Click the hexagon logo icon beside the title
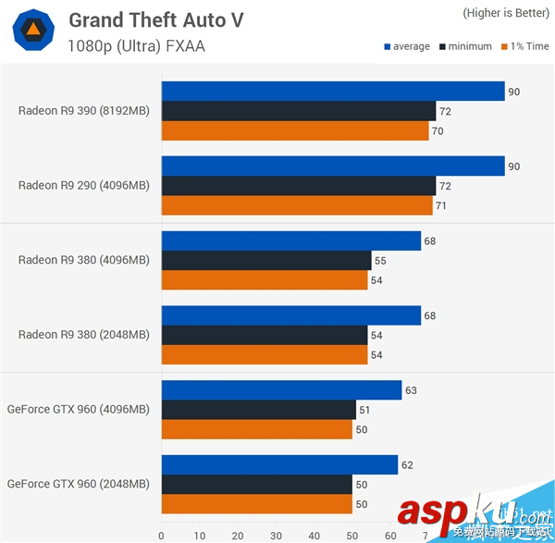point(31,32)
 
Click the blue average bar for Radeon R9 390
point(333,91)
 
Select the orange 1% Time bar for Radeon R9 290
point(297,205)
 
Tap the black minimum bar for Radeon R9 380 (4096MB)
point(266,261)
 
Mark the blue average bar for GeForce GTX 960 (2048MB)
point(279,464)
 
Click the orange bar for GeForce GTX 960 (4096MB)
point(257,429)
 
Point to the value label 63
point(412,390)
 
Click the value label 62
point(408,465)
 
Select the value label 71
point(441,205)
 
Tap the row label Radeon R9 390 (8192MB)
point(83,111)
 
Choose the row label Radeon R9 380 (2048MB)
point(83,334)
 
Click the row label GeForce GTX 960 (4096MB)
point(78,408)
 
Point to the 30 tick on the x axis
point(276,536)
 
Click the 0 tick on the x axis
point(161,536)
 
